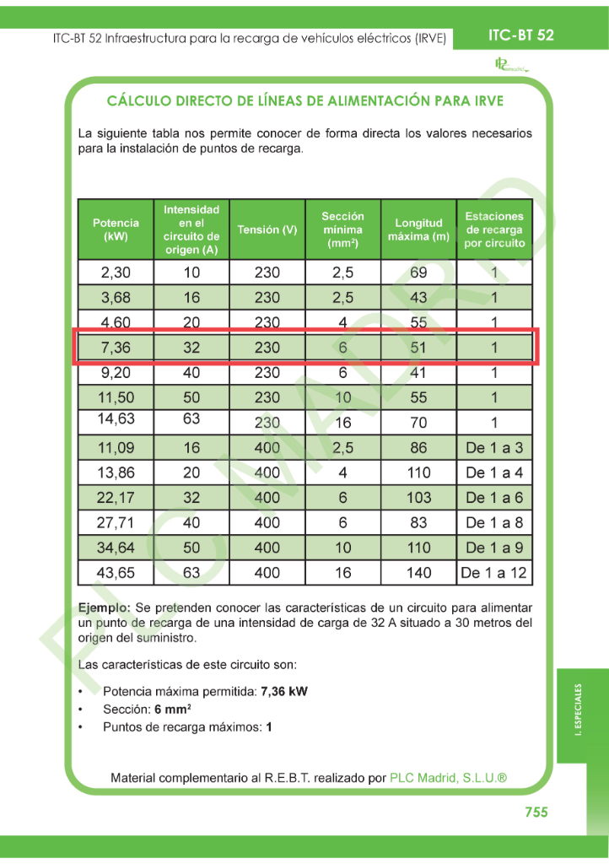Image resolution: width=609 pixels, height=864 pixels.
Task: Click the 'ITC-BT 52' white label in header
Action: pos(521,35)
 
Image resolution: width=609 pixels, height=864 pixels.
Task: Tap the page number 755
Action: pos(536,812)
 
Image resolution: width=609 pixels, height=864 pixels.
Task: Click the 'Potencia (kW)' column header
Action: pos(116,229)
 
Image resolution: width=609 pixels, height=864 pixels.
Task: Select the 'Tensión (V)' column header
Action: pos(267,229)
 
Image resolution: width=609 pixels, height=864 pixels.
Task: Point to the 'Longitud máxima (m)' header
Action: pos(418,229)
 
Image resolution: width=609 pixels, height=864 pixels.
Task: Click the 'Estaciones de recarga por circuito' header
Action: pos(494,229)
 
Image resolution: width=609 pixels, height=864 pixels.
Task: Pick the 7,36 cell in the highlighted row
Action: pos(116,347)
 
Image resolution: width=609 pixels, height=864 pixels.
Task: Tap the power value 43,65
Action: pos(116,573)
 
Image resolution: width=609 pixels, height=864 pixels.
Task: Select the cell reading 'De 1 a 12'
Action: pos(494,573)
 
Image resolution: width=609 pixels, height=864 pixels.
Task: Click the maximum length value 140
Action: pos(418,573)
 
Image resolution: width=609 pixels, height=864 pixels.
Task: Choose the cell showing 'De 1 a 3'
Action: pos(494,448)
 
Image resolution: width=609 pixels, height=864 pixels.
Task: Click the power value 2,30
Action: pos(116,273)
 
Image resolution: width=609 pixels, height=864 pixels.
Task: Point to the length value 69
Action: pos(418,273)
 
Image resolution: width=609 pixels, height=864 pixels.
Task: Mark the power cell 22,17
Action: pos(116,498)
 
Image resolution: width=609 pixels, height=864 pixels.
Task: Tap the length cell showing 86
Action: pos(418,448)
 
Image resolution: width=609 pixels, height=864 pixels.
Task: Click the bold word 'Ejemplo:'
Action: pos(104,607)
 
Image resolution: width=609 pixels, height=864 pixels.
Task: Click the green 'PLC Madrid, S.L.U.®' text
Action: pos(448,778)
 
